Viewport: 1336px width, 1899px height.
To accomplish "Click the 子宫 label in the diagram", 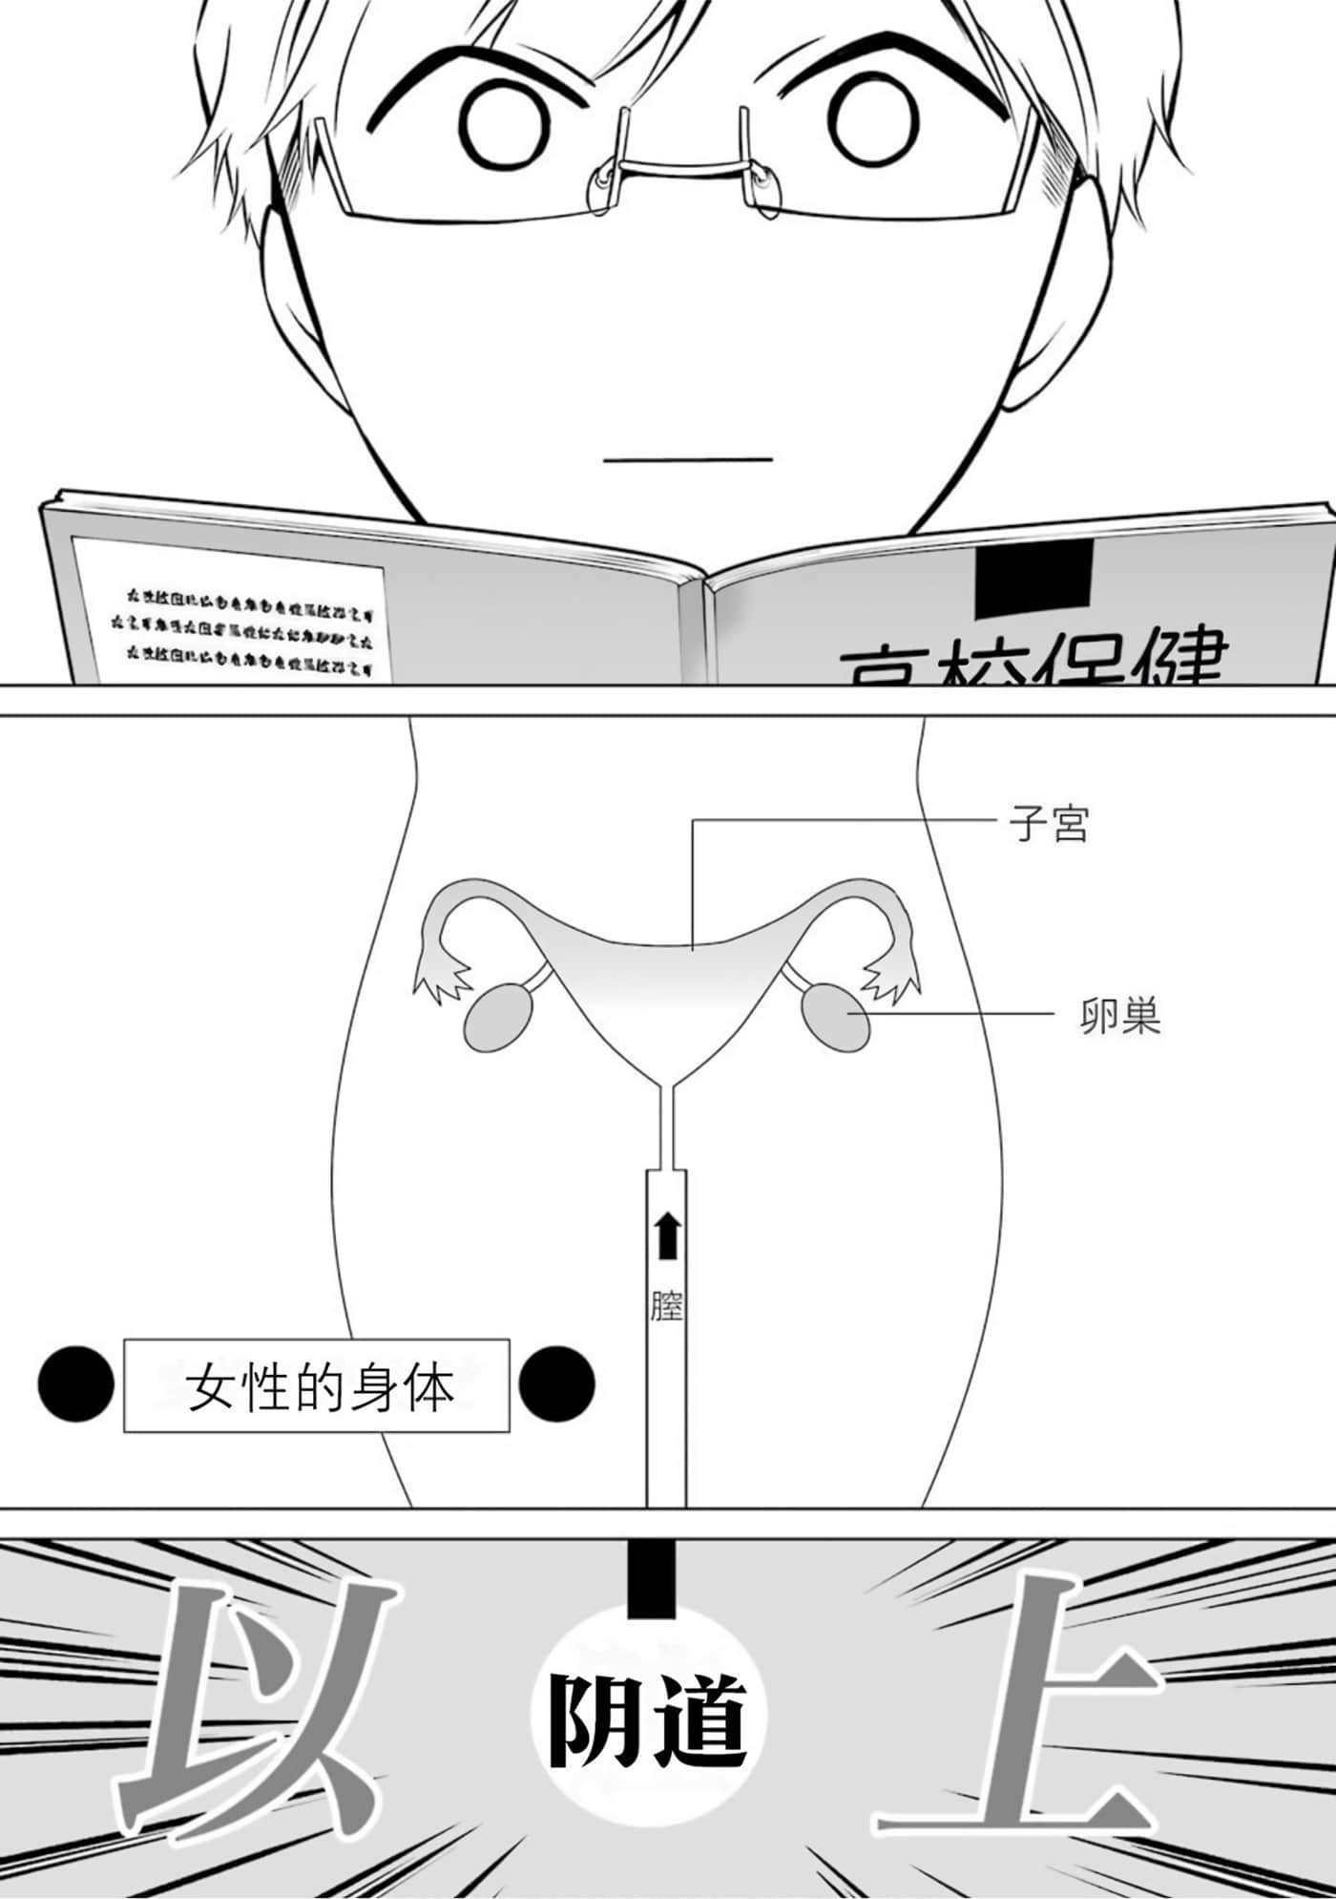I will (x=1049, y=824).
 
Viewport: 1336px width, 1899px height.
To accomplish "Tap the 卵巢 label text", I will (x=1120, y=1018).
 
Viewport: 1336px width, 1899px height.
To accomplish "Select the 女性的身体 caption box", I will (x=317, y=1386).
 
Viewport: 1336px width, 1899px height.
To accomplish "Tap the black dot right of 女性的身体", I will (x=556, y=1384).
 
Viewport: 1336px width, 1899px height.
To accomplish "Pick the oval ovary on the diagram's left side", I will (x=498, y=1020).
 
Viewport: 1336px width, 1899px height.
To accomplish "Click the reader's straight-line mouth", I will (x=687, y=459).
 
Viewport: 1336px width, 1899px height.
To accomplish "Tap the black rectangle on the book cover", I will (x=1033, y=579).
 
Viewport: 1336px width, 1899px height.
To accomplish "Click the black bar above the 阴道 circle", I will (x=651, y=1578).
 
